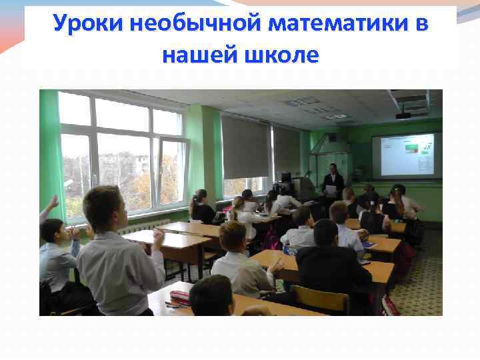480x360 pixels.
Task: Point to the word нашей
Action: [198, 54]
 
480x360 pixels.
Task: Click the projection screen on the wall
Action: [405, 155]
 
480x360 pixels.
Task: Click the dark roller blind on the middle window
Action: [245, 147]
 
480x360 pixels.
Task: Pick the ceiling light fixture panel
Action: [303, 101]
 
